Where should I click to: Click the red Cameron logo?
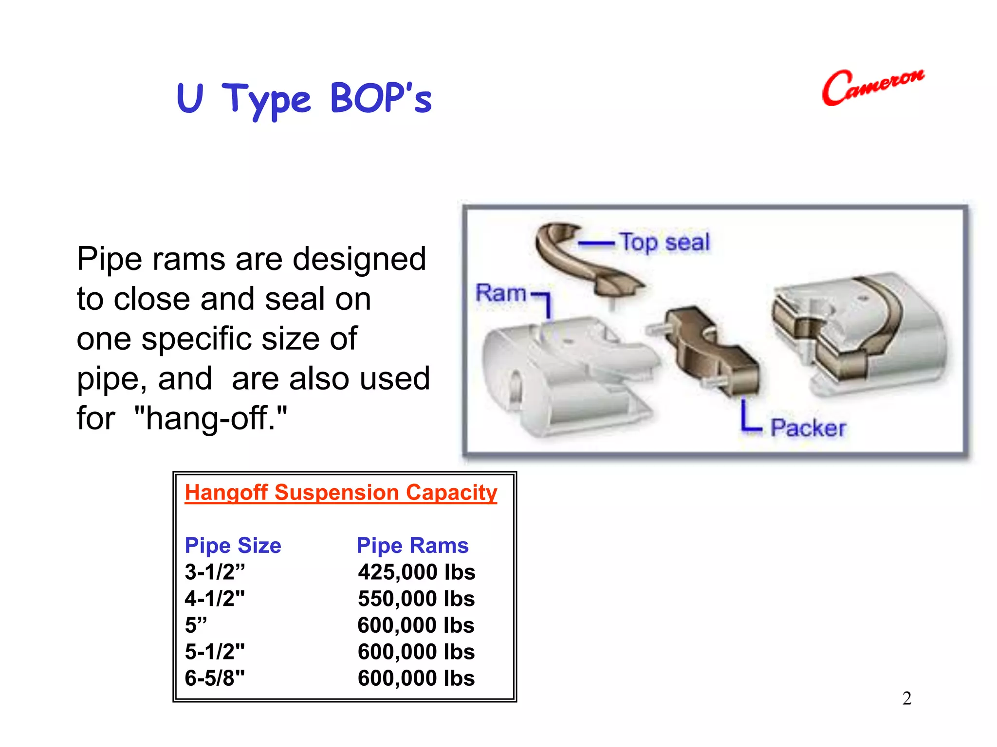(x=873, y=87)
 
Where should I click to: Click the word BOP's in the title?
(x=381, y=98)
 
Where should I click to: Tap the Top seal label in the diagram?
(x=665, y=242)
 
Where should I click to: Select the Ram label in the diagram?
(x=500, y=293)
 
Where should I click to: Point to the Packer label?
(x=808, y=428)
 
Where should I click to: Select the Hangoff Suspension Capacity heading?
(x=341, y=492)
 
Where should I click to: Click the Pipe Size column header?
(x=233, y=545)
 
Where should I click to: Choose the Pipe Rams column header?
(x=412, y=545)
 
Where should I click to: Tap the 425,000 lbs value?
(x=416, y=572)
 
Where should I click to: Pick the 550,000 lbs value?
(x=416, y=599)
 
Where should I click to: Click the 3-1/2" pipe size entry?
(x=215, y=572)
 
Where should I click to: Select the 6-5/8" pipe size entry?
(x=215, y=678)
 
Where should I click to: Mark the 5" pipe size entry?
(x=196, y=625)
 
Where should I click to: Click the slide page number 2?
(x=906, y=698)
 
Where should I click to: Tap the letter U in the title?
(x=189, y=98)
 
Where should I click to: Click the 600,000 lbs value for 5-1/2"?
(x=416, y=652)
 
